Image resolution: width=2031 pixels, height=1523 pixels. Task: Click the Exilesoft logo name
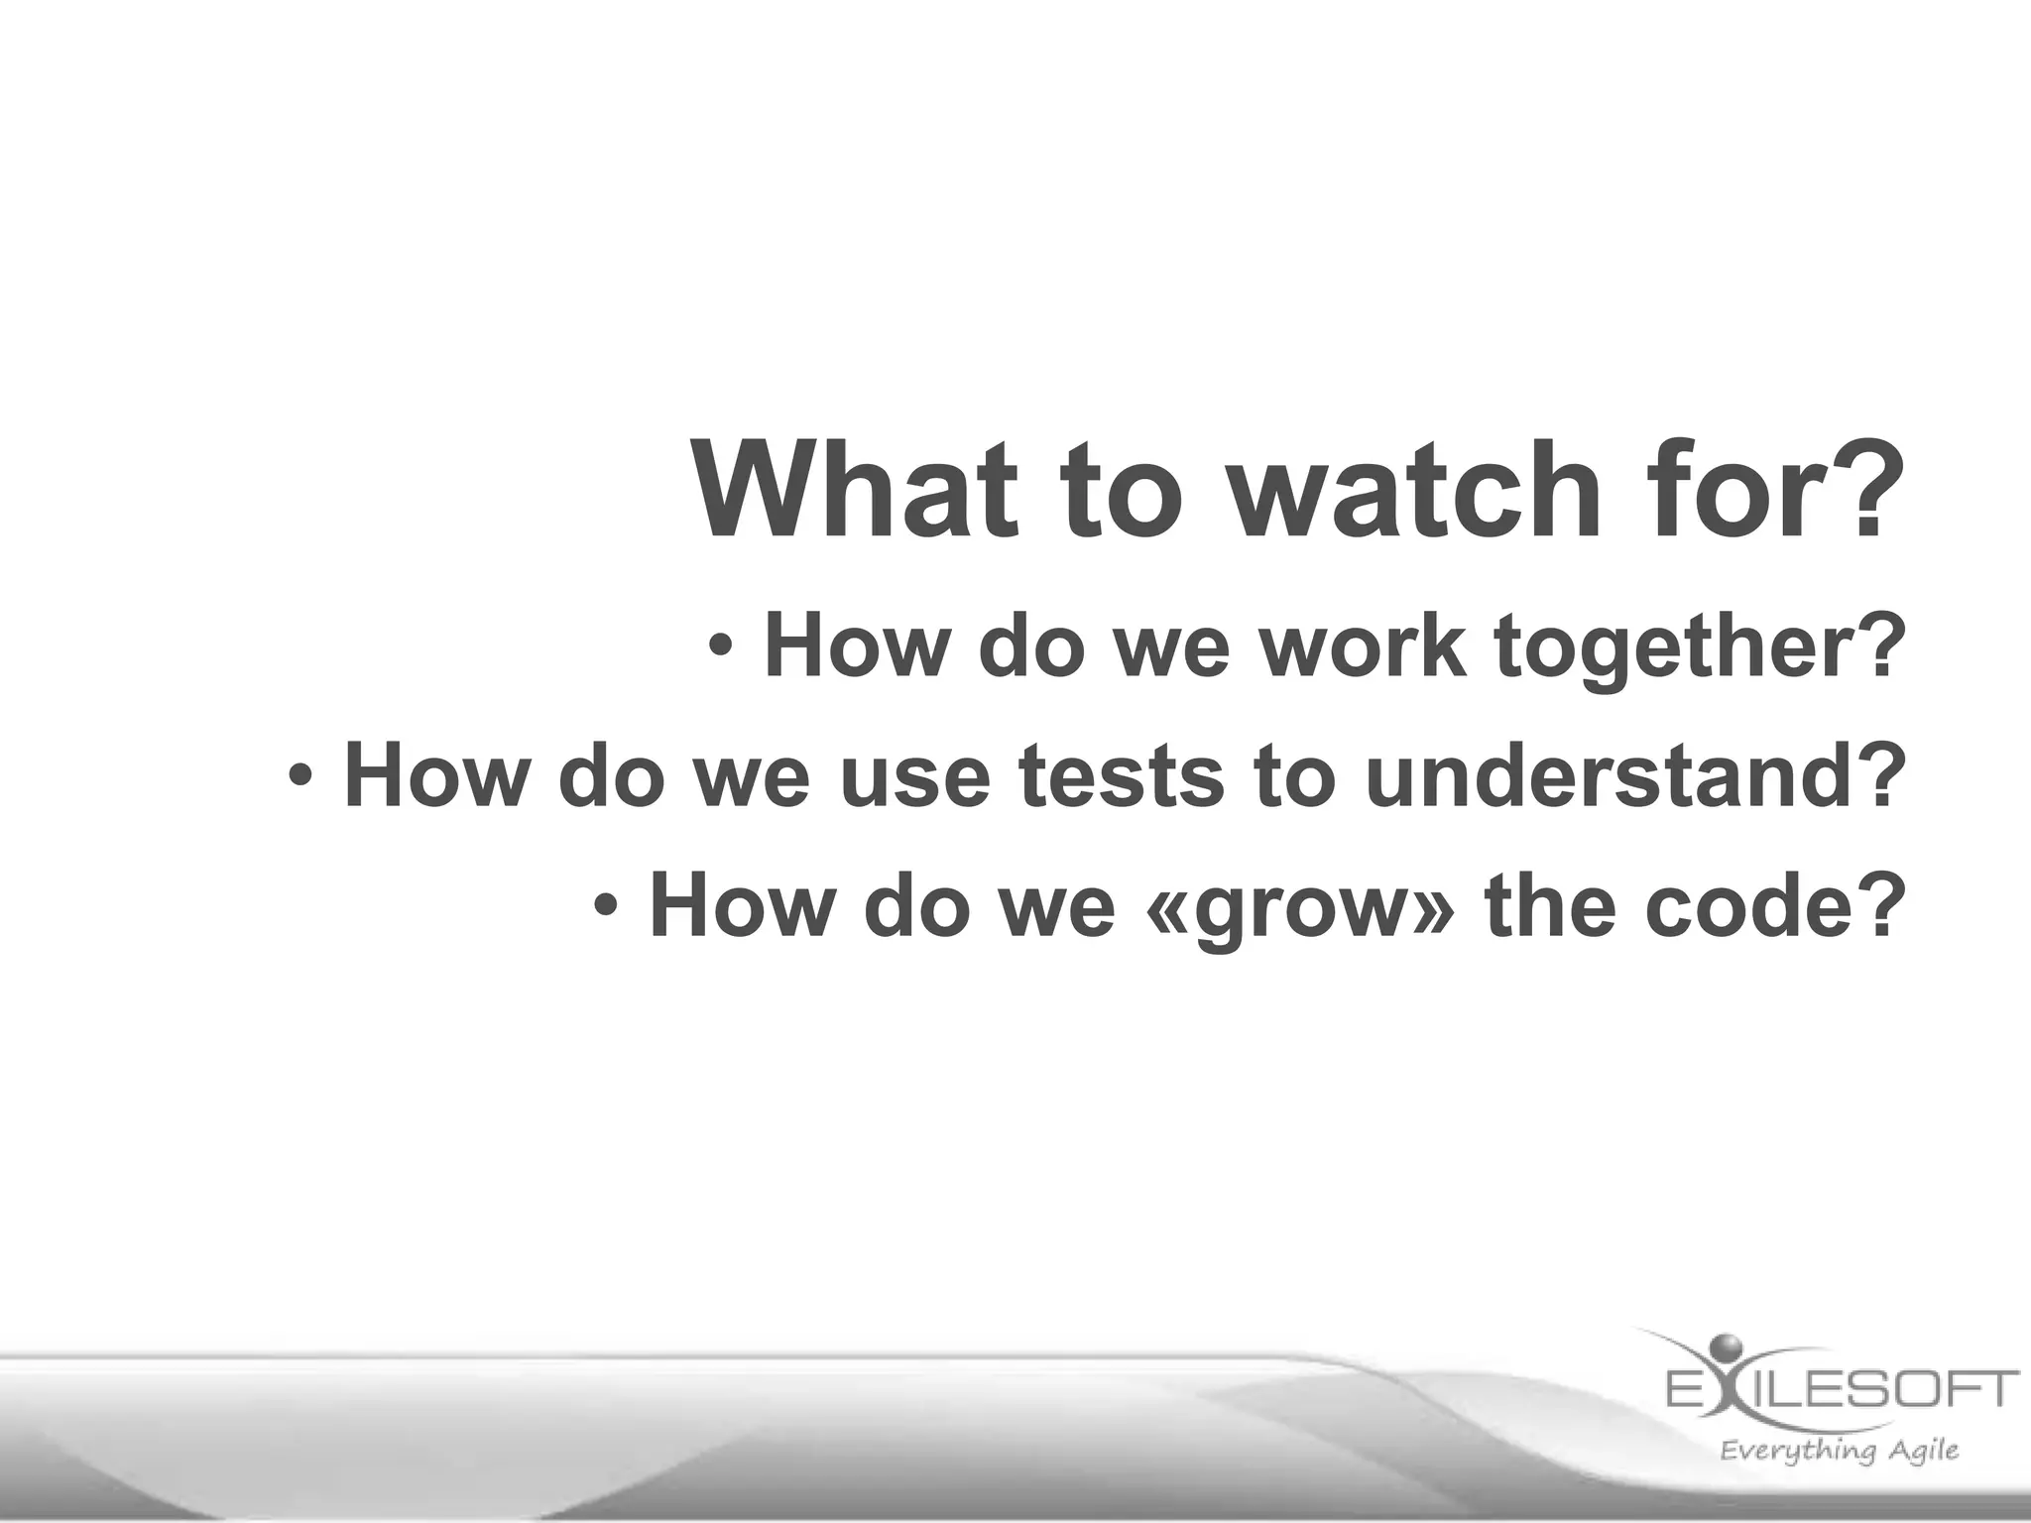click(x=1841, y=1388)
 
